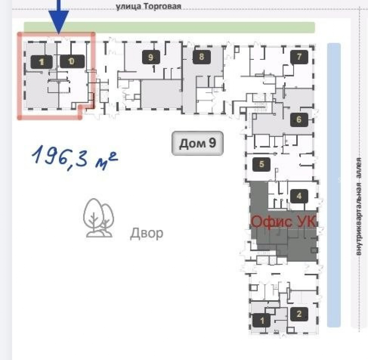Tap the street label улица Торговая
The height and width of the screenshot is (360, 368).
pyautogui.click(x=149, y=6)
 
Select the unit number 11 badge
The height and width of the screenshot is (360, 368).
pyautogui.click(x=42, y=62)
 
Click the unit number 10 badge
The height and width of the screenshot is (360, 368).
pyautogui.click(x=72, y=61)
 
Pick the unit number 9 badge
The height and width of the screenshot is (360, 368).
pyautogui.click(x=151, y=57)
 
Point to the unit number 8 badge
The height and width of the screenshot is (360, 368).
pyautogui.click(x=202, y=57)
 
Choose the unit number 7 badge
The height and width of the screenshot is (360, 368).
pyautogui.click(x=299, y=57)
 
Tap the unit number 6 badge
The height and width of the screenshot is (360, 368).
pyautogui.click(x=299, y=119)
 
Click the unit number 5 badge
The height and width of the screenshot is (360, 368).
pyautogui.click(x=261, y=164)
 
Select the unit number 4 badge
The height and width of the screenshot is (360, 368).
pyautogui.click(x=299, y=196)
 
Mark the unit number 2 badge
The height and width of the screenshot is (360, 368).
pyautogui.click(x=299, y=314)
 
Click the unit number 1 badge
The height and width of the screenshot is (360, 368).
pyautogui.click(x=262, y=320)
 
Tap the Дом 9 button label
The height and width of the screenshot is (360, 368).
pyautogui.click(x=197, y=143)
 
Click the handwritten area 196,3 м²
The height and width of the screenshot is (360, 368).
pyautogui.click(x=74, y=157)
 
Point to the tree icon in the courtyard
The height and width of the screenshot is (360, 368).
pyautogui.click(x=98, y=218)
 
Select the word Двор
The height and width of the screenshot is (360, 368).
pyautogui.click(x=147, y=233)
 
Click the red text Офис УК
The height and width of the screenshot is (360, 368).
pyautogui.click(x=284, y=221)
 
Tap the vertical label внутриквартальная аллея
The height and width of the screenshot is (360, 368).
pyautogui.click(x=358, y=206)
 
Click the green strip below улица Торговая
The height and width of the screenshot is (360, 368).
pyautogui.click(x=169, y=28)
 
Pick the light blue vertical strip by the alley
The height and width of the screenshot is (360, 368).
pyautogui.click(x=334, y=185)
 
